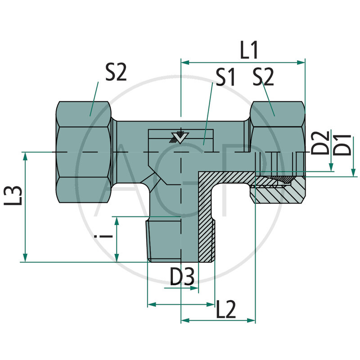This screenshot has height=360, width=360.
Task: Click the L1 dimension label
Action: pyautogui.click(x=249, y=51)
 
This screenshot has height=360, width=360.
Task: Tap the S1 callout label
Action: pyautogui.click(x=225, y=78)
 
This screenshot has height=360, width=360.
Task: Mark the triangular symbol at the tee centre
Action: pyautogui.click(x=180, y=138)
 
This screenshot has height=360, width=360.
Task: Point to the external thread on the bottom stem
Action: pyautogui.click(x=152, y=238)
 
